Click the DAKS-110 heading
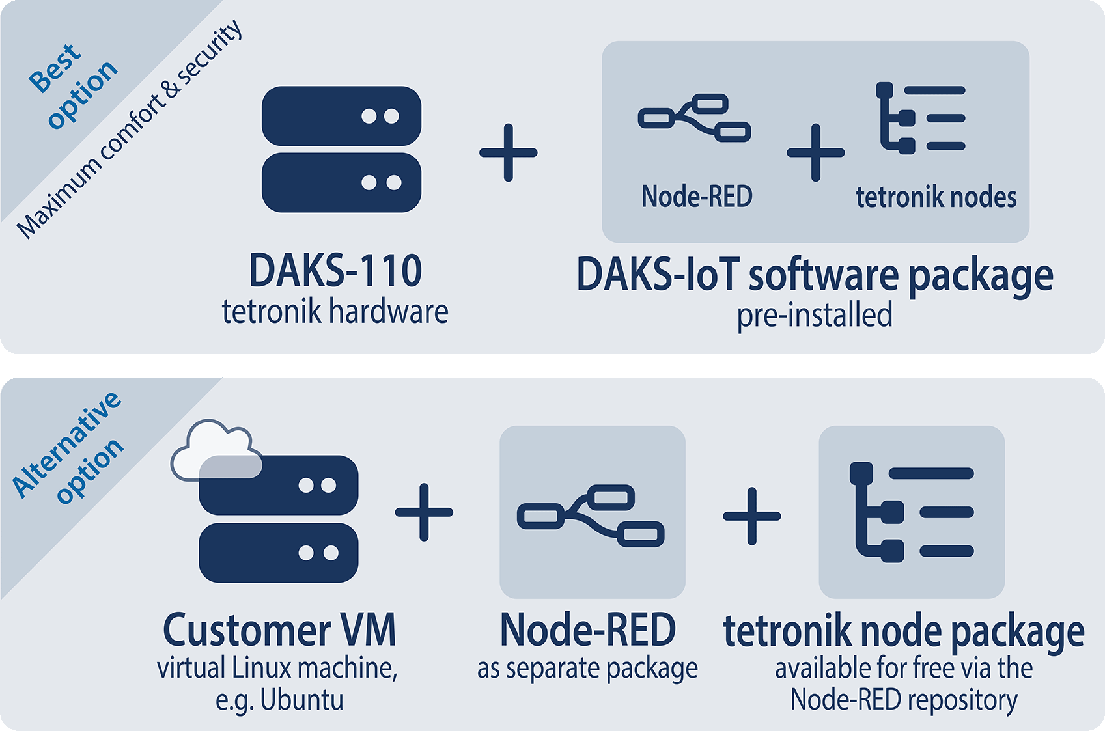(x=335, y=271)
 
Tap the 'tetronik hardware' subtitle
(x=335, y=311)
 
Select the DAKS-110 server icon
(x=341, y=149)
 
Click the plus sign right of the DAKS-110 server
(x=508, y=152)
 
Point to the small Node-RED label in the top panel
(x=697, y=196)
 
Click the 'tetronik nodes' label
(x=936, y=197)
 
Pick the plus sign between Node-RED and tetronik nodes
(x=815, y=152)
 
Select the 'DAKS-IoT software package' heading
(x=815, y=275)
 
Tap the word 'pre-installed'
(x=815, y=315)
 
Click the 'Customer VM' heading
(x=279, y=629)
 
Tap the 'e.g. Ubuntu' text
(x=279, y=700)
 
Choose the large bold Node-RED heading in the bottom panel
(x=587, y=629)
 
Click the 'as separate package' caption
(x=587, y=669)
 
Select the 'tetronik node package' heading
(x=904, y=631)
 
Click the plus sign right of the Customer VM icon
(x=424, y=512)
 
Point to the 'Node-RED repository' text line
(x=904, y=700)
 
